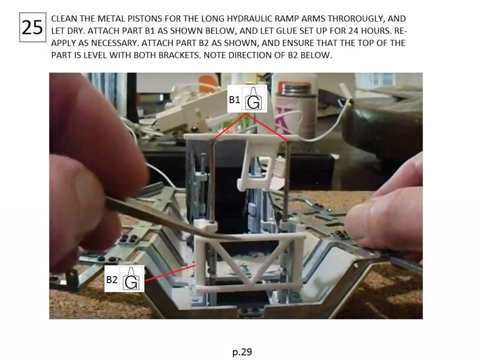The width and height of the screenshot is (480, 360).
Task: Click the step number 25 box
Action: [32, 27]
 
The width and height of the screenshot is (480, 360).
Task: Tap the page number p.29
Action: [242, 351]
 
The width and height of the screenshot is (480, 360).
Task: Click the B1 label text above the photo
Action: [234, 99]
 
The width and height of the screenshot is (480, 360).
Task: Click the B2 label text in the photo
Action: [111, 279]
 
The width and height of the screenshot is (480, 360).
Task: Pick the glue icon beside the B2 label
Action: [131, 278]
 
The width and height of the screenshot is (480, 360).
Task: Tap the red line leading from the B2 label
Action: [170, 273]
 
